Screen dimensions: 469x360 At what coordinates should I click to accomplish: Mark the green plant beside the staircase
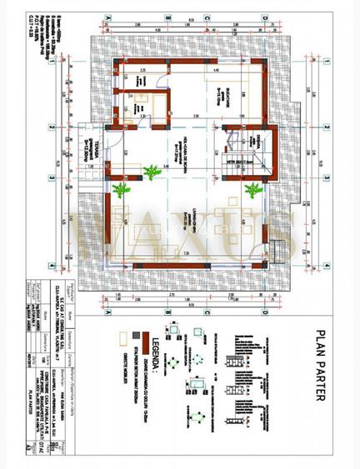pos(249,191)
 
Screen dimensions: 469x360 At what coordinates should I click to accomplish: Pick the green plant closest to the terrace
pos(123,190)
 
